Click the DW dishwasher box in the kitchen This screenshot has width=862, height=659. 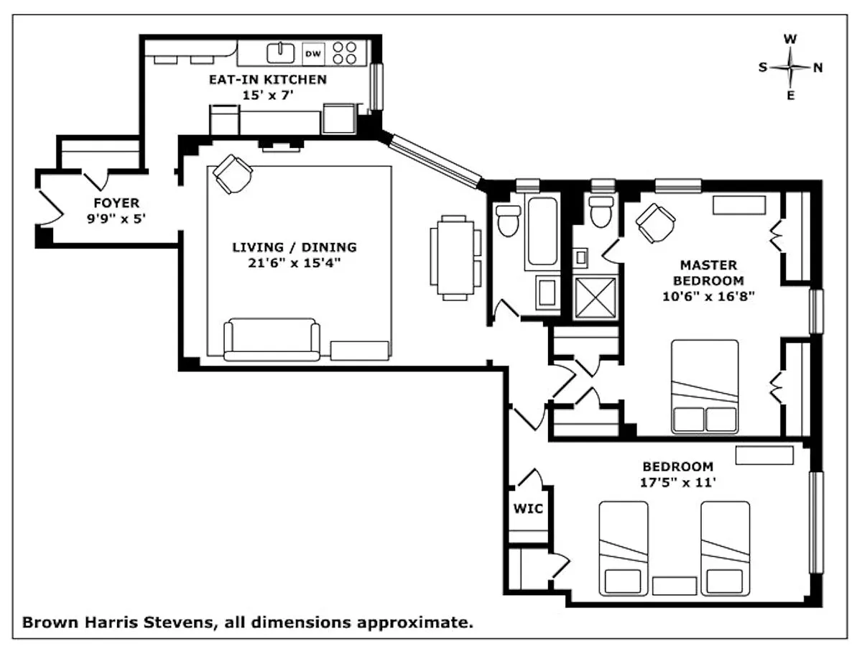pyautogui.click(x=313, y=52)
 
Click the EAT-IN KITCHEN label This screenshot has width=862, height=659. pyautogui.click(x=268, y=79)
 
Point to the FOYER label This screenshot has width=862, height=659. pyautogui.click(x=116, y=203)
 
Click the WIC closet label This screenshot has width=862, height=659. pyautogui.click(x=527, y=509)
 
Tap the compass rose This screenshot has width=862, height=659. pyautogui.click(x=791, y=68)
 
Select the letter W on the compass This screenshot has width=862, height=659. pyautogui.click(x=790, y=40)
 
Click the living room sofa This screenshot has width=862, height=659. pyautogui.click(x=272, y=339)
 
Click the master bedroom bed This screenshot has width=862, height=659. pyautogui.click(x=705, y=386)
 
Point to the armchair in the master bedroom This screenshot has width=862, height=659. pyautogui.click(x=655, y=222)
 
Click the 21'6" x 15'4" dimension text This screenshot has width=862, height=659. pyautogui.click(x=294, y=263)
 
